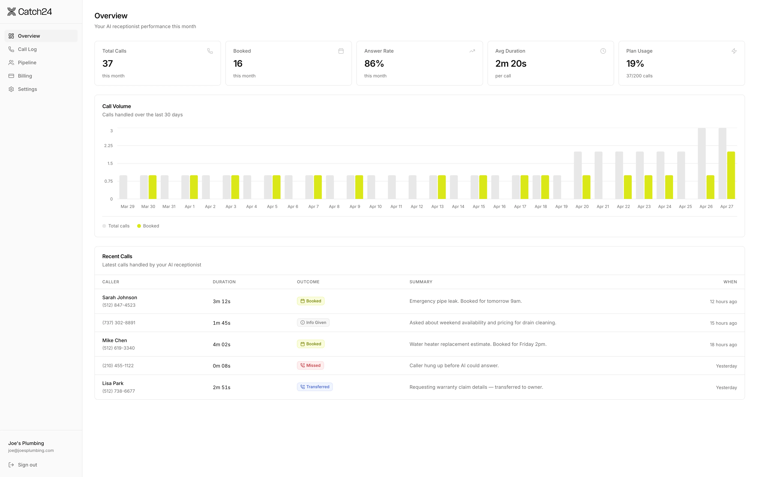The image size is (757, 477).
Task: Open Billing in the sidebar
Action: tap(25, 76)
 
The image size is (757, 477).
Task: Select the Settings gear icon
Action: tap(11, 89)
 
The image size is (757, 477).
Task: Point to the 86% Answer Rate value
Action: tap(374, 64)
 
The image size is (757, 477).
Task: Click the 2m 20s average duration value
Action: tap(511, 64)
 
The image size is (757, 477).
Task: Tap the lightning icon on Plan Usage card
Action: tap(734, 51)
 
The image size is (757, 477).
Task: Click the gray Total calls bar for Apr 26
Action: tap(702, 163)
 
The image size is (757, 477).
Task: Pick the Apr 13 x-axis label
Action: tap(437, 206)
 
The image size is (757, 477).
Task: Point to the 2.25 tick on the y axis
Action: tap(108, 146)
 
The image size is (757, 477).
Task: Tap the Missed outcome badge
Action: tap(310, 366)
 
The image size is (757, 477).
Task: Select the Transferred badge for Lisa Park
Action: tap(315, 387)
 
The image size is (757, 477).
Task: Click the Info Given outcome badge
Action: tap(313, 322)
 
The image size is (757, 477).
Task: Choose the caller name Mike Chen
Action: tap(114, 340)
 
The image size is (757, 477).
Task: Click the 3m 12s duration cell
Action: tap(221, 301)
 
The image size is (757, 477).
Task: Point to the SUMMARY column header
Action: tap(421, 282)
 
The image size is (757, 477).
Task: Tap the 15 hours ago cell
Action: tap(723, 323)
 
